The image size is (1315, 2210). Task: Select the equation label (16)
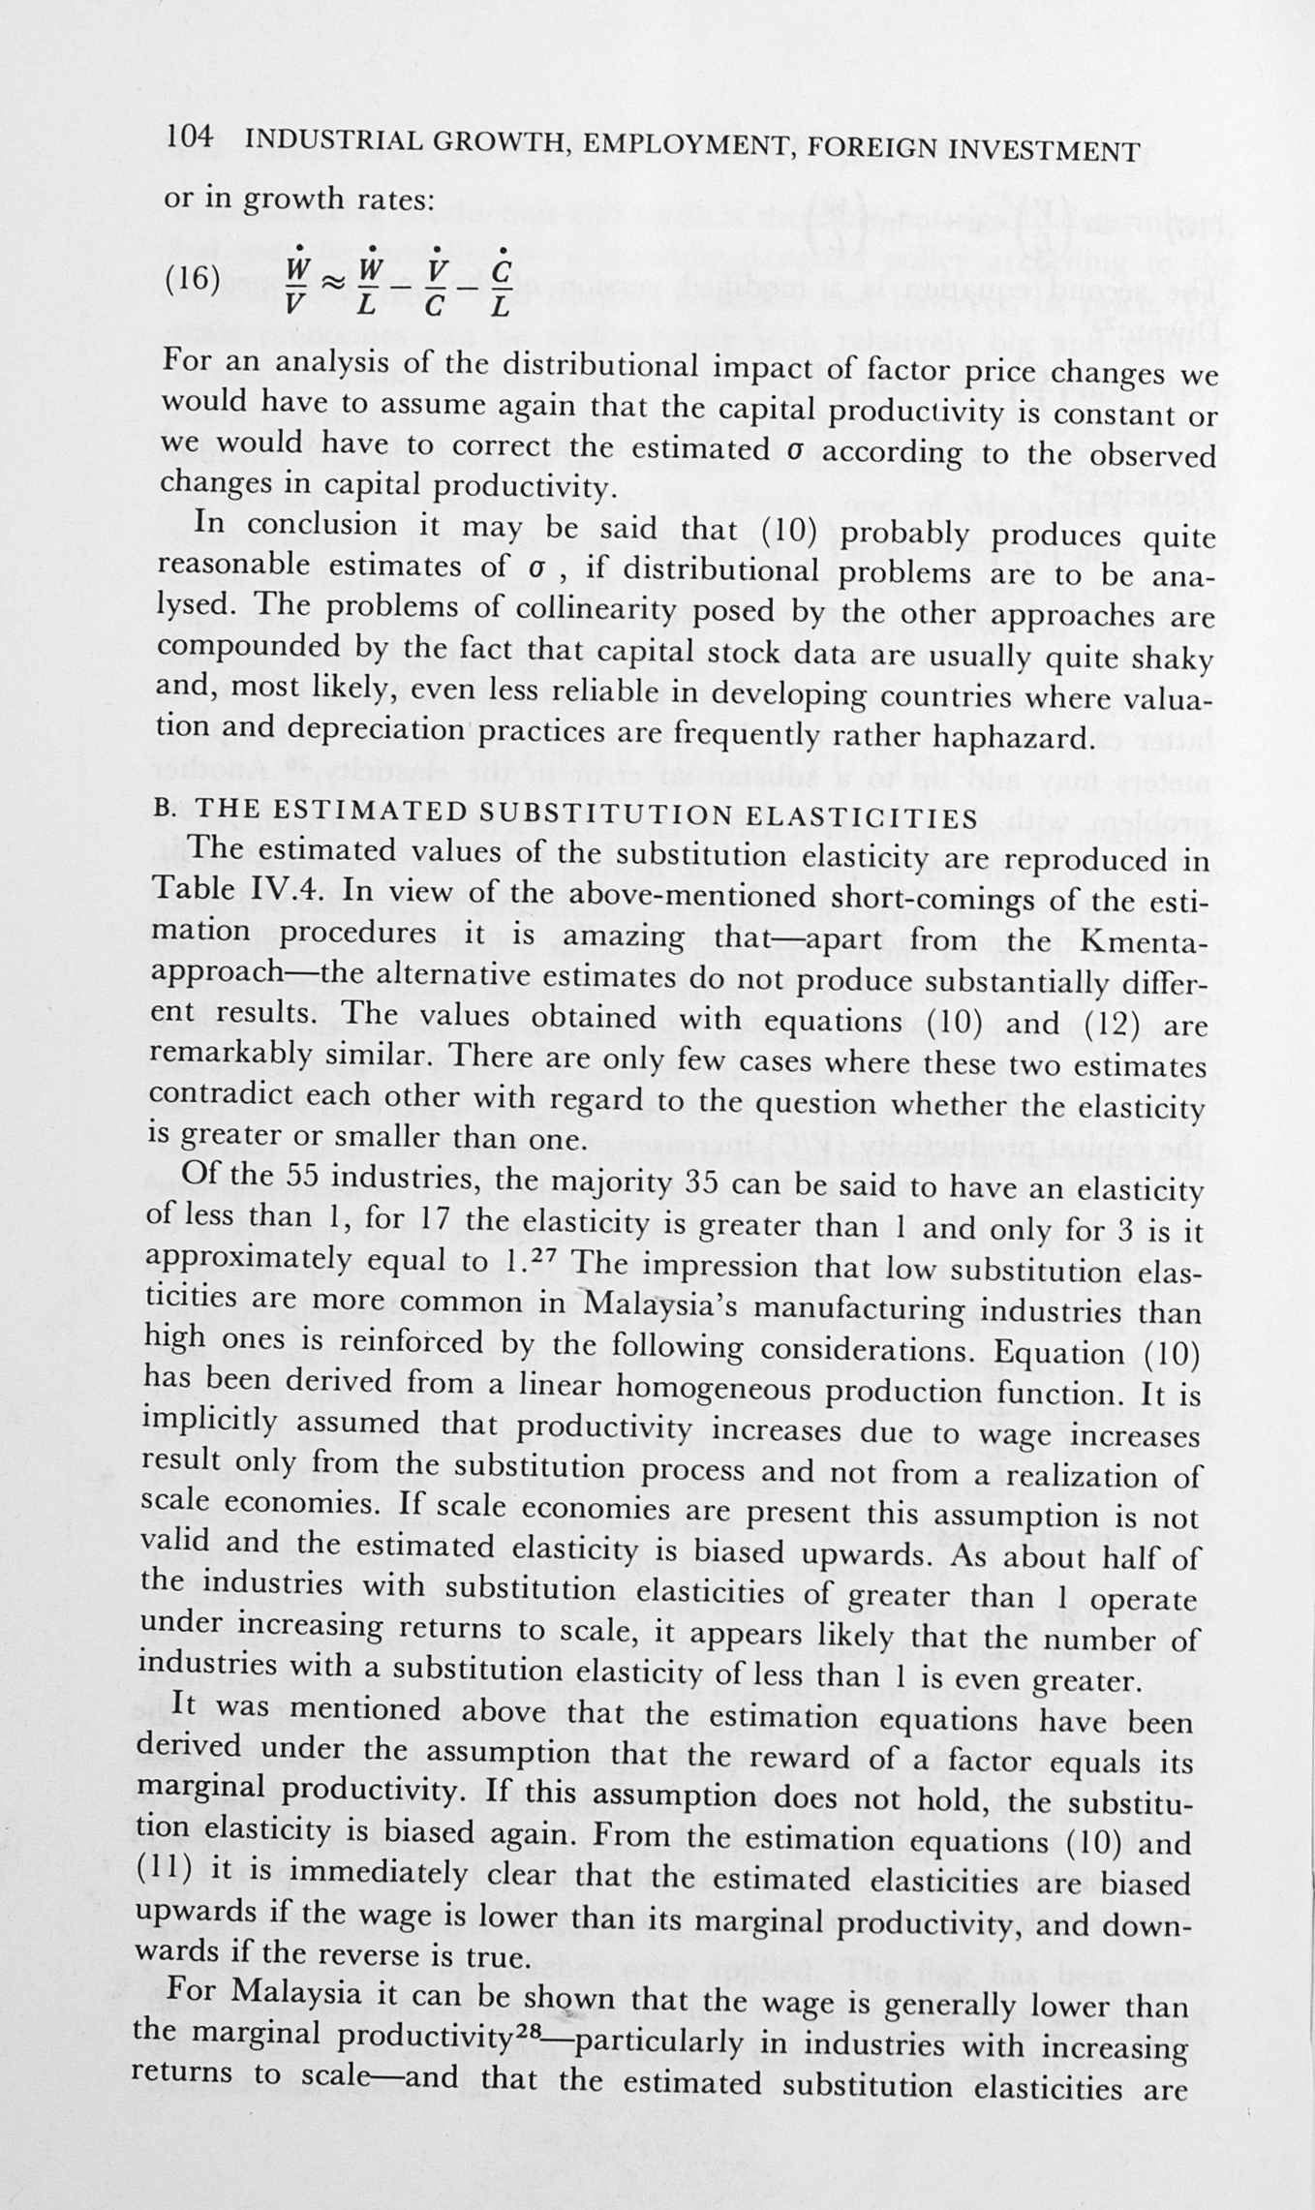click(193, 279)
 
